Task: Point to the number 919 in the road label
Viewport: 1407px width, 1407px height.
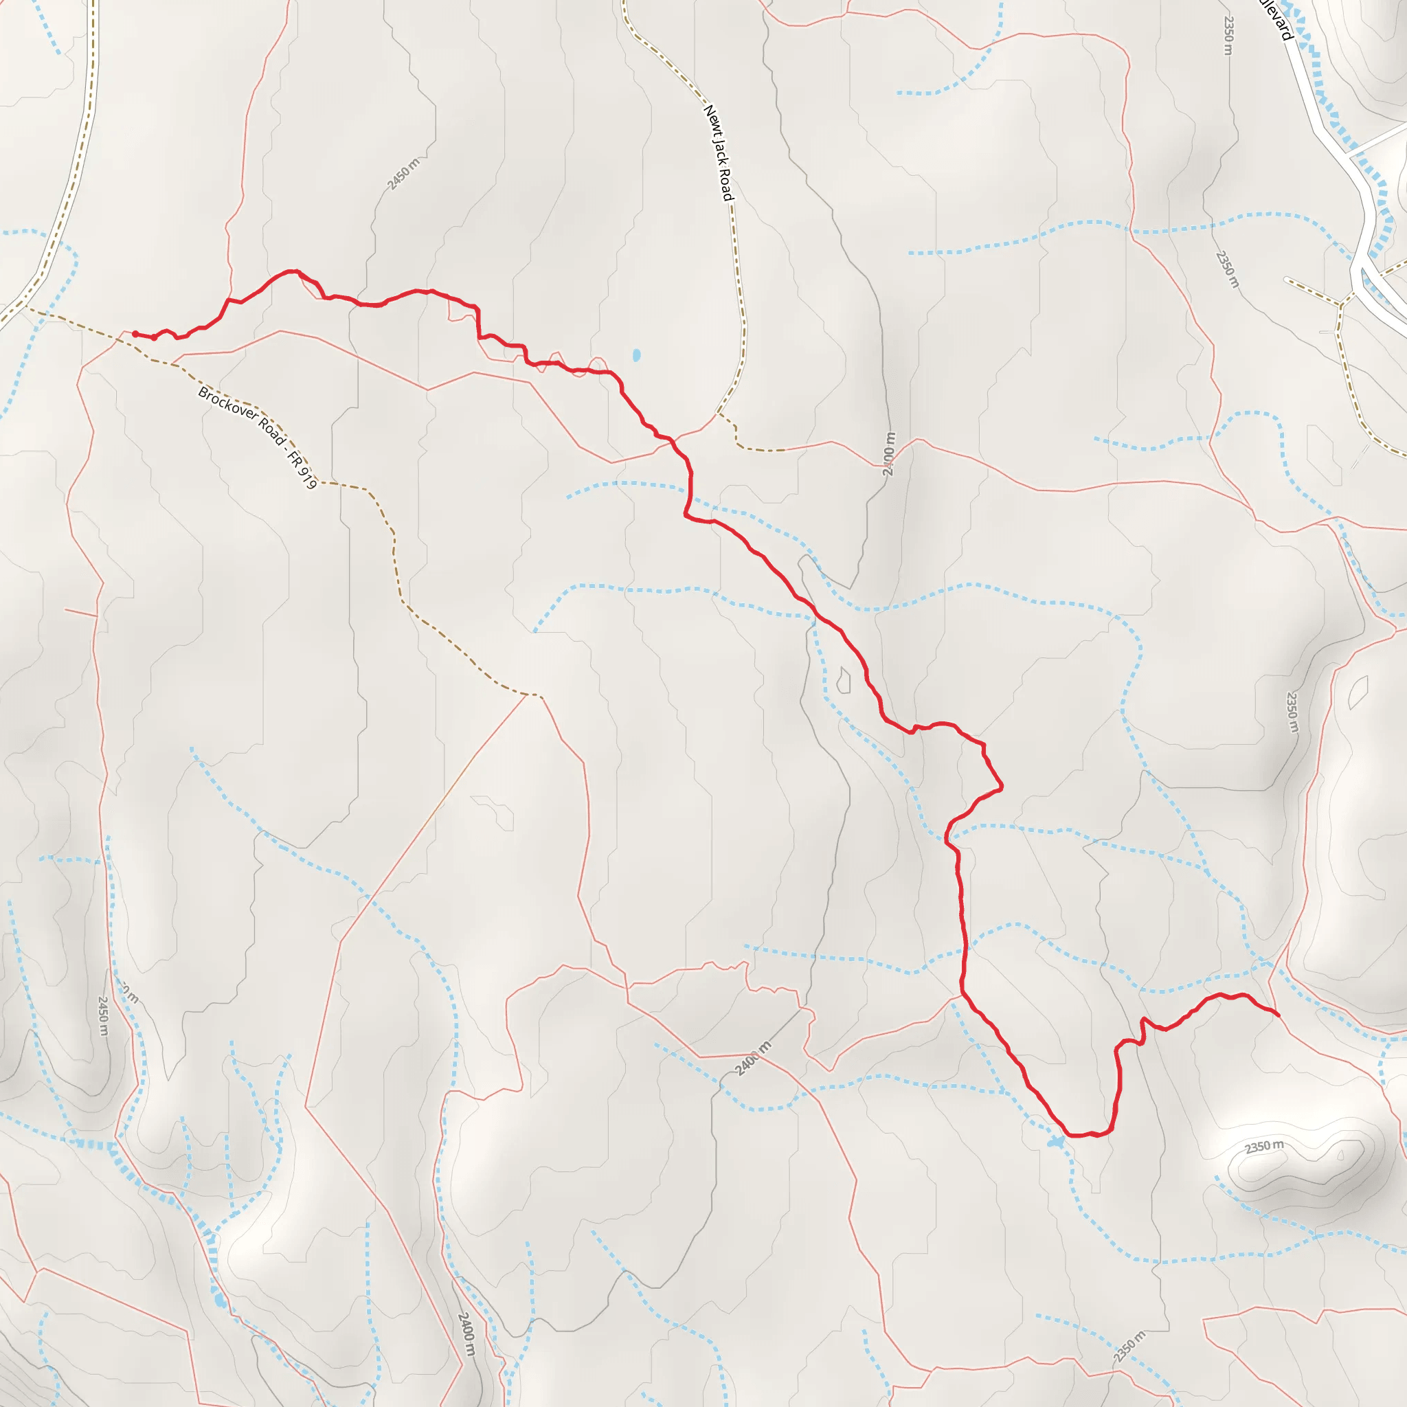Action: [308, 478]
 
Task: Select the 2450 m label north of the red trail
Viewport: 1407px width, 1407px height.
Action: [403, 174]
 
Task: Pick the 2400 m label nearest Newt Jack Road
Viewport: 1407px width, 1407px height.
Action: [888, 453]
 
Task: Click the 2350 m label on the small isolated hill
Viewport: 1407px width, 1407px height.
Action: [1263, 1147]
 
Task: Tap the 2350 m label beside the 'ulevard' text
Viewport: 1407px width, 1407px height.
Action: [1228, 35]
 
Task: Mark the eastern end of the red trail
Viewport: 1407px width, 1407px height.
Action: [1278, 1015]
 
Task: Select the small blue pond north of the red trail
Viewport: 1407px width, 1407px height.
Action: [636, 355]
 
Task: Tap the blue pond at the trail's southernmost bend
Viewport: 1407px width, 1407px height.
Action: [1055, 1143]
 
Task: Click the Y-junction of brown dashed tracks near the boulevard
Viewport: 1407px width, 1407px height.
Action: [1340, 305]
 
